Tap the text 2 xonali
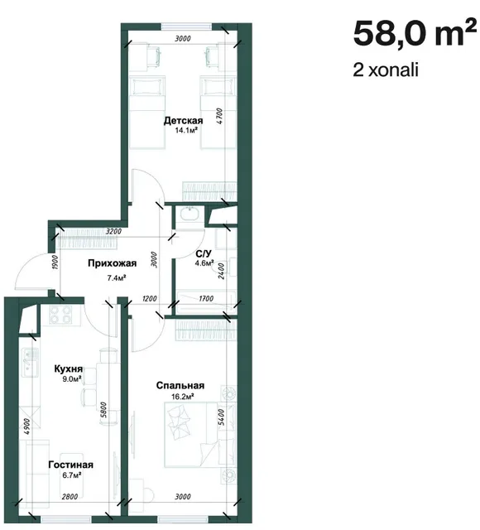(386, 70)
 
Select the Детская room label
(184, 121)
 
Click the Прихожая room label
(113, 263)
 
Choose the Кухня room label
(69, 369)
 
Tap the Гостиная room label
(70, 465)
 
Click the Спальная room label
(180, 386)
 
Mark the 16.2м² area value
(182, 397)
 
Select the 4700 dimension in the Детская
(219, 116)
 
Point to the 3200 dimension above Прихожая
(113, 232)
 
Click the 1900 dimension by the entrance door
(55, 263)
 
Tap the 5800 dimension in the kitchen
(103, 410)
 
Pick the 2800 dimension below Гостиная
(70, 497)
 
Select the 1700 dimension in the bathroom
(206, 299)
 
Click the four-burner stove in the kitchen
(60, 315)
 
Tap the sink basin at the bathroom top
(190, 214)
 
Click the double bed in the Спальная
(193, 434)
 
